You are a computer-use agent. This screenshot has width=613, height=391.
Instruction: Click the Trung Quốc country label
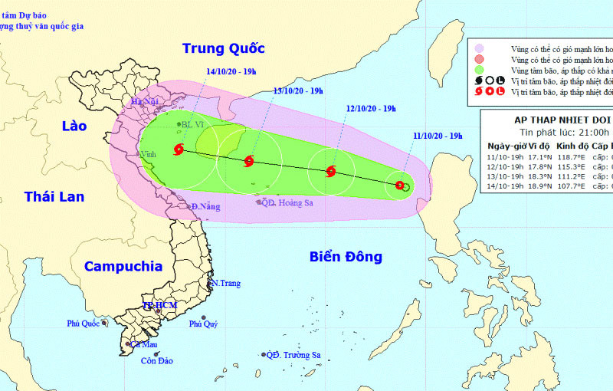point(223,48)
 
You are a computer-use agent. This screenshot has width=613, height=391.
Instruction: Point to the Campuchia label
point(123,267)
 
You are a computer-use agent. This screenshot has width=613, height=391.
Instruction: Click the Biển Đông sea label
point(346,256)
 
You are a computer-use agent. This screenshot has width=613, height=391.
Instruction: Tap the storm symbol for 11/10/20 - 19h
point(400,185)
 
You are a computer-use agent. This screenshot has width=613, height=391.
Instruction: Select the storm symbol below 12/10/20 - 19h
point(331,172)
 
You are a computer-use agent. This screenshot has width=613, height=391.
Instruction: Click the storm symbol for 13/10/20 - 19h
point(249,161)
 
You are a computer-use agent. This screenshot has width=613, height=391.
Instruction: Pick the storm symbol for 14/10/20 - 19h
point(179,149)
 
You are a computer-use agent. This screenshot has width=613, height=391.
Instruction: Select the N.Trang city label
point(226,284)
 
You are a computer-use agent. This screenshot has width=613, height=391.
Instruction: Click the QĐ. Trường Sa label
point(293,355)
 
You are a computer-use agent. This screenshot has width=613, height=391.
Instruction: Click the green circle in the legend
point(480,70)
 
